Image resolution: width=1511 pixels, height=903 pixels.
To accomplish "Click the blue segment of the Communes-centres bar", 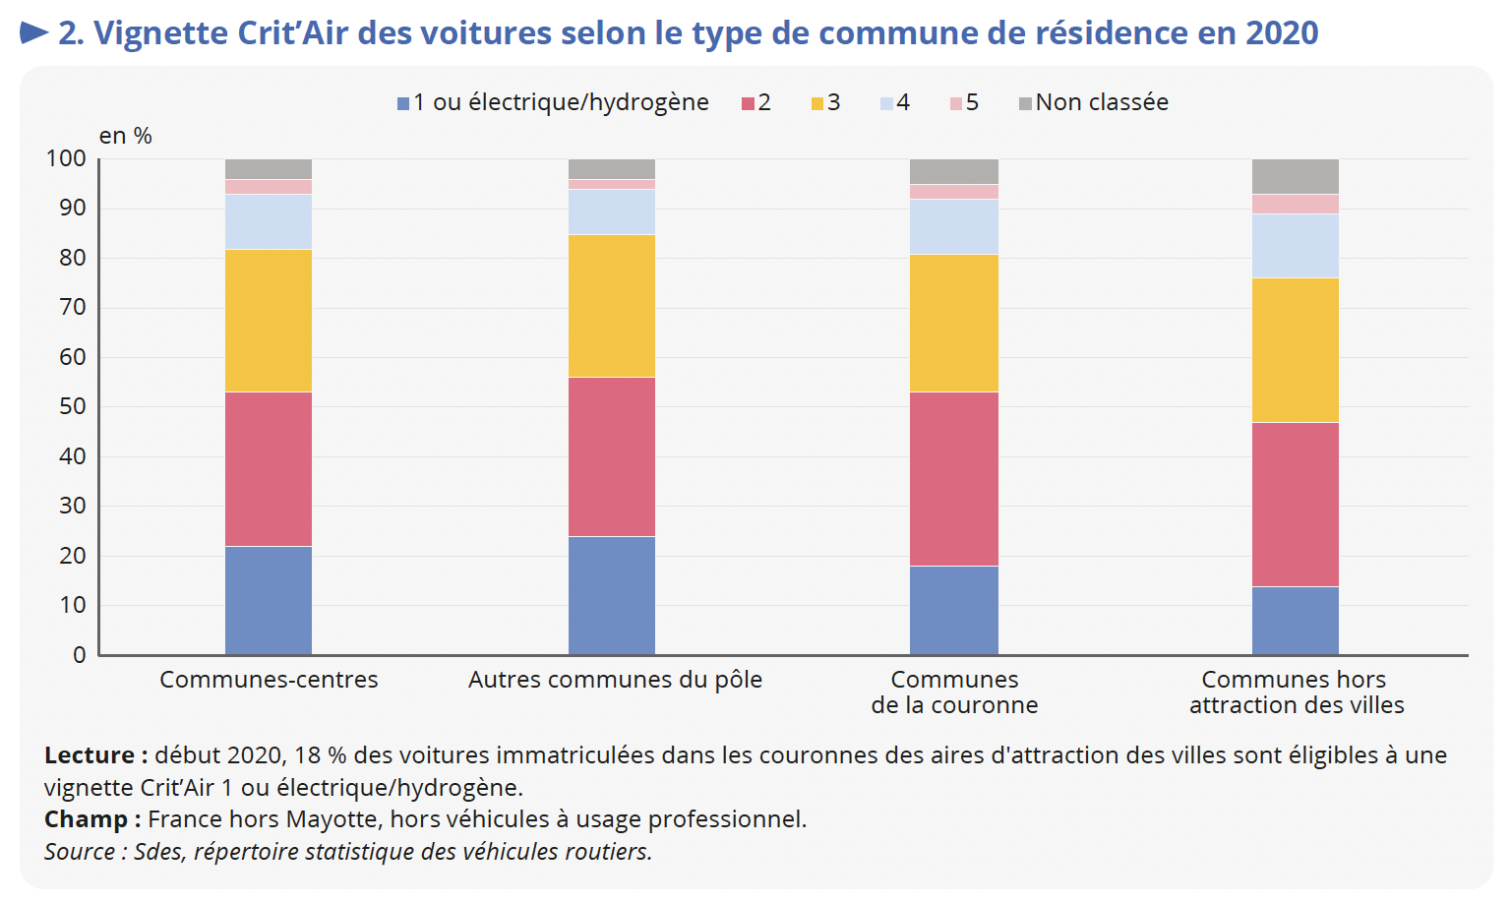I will click(269, 600).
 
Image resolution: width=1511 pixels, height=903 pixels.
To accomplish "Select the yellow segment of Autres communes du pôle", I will click(612, 306).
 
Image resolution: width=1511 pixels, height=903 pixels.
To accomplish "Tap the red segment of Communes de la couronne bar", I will click(954, 479).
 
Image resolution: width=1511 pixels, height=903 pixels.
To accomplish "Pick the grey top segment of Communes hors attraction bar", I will click(1296, 177).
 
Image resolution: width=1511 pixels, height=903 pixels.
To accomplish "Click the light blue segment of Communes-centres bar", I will click(269, 222).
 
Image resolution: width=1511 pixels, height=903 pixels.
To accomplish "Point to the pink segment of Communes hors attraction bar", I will click(1296, 205).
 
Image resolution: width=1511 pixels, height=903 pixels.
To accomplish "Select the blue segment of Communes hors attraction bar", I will click(1296, 621).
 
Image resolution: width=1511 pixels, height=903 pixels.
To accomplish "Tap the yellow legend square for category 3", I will click(816, 103).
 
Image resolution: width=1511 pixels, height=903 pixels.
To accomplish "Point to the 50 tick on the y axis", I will click(73, 406).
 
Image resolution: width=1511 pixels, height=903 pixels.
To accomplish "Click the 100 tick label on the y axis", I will click(67, 158).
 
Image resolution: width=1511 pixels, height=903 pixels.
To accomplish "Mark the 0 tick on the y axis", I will click(80, 655).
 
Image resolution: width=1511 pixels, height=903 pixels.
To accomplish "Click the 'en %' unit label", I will click(126, 136).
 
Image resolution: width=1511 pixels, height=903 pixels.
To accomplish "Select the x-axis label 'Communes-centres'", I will click(269, 680).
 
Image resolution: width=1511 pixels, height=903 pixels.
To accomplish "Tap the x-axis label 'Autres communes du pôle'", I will click(615, 680).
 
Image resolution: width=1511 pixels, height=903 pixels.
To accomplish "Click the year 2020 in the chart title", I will click(1282, 33).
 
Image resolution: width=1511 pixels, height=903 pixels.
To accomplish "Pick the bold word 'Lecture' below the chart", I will click(90, 755).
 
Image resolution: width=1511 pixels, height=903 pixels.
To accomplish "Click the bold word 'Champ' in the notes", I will click(87, 819).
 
